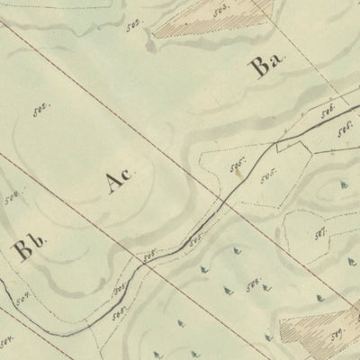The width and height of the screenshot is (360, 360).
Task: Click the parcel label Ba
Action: click(267, 68)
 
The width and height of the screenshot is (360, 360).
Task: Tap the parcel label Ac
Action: click(119, 181)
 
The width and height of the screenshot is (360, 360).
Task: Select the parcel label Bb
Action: click(27, 248)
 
